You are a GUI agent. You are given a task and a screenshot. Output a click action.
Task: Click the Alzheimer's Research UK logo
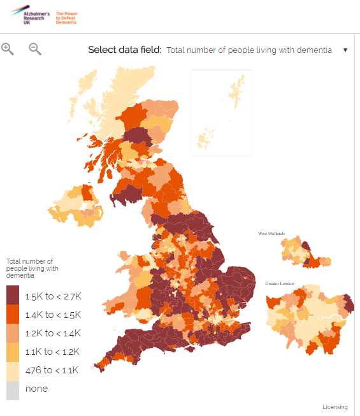point(29,17)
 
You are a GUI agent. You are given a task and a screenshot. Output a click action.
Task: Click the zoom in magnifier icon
point(8,49)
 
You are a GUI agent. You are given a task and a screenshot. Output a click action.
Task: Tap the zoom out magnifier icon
point(35,49)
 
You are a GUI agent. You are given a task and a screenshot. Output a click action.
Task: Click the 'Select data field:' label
point(124,50)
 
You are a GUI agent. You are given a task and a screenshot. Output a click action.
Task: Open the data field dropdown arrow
point(345,50)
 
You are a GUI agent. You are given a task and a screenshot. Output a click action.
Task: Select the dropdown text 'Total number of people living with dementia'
point(248,50)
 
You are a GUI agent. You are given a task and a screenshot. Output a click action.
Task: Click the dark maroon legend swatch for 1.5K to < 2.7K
point(13,296)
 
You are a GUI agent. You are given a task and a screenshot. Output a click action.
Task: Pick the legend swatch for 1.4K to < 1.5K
point(13,315)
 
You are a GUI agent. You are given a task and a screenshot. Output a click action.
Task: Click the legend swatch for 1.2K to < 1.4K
point(13,333)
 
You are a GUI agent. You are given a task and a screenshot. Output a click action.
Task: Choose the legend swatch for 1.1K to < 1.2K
point(13,352)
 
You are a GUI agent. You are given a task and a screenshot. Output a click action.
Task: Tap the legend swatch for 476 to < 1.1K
point(13,370)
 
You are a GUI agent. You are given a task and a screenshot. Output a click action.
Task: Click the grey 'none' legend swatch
point(13,389)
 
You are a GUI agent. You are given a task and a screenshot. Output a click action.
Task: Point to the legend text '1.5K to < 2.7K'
point(54,297)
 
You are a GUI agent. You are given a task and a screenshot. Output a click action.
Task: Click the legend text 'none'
point(36,389)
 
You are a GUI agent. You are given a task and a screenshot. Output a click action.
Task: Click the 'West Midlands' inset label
point(271,234)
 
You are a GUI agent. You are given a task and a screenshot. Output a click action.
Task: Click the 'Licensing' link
point(335,407)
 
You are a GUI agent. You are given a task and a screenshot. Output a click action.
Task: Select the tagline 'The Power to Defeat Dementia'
point(66,17)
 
